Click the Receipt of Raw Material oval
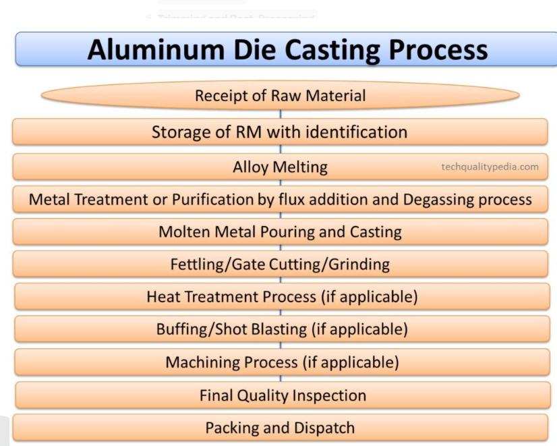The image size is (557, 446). coord(280,96)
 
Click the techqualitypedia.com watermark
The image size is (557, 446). coord(490,167)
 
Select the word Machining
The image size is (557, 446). coord(199,362)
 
